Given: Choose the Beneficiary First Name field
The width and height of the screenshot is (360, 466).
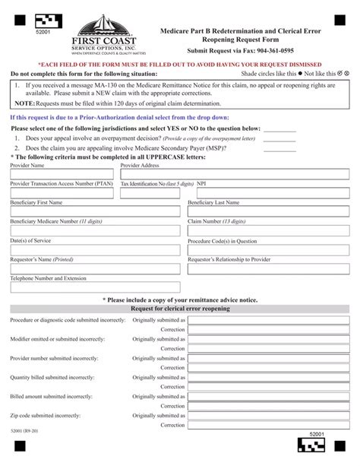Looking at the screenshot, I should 95,213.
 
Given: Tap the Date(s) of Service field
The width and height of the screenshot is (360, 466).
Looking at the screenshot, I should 95,250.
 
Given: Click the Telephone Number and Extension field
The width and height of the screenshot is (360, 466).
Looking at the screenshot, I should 95,288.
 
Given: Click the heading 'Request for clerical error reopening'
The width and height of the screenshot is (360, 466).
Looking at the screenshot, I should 179,309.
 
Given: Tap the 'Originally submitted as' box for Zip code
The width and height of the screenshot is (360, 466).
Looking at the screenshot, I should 269,416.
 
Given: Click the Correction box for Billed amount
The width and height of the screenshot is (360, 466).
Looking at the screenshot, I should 269,407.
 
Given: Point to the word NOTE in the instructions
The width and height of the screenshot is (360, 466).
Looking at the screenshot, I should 24,102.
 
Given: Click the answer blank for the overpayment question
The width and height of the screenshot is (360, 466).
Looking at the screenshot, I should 279,139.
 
